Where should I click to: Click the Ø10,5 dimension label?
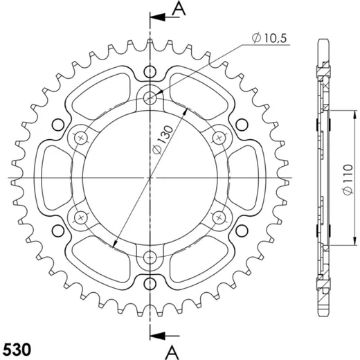pyautogui.click(x=269, y=38)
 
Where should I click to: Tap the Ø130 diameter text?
pyautogui.click(x=163, y=140)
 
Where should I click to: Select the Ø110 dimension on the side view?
pyautogui.click(x=348, y=179)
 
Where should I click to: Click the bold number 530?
pyautogui.click(x=17, y=349)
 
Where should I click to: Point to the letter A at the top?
pyautogui.click(x=179, y=8)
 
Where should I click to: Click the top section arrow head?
pyautogui.click(x=158, y=17)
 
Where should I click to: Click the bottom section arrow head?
pyautogui.click(x=158, y=335)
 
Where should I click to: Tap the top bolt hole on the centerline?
pyautogui.click(x=150, y=98)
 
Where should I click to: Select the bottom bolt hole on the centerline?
pyautogui.click(x=150, y=258)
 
